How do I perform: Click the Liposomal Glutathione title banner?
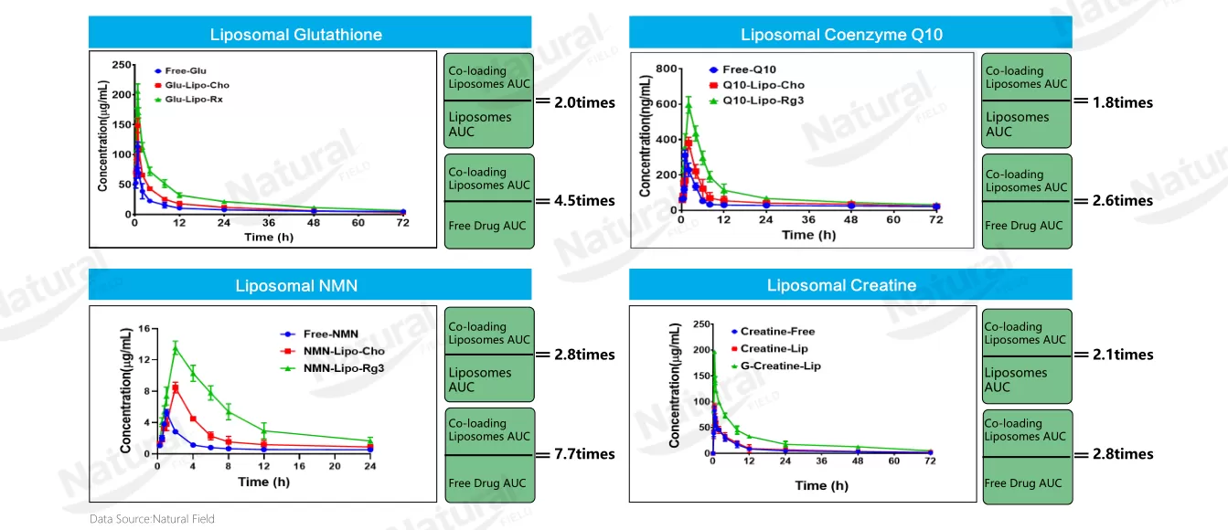tap(296, 35)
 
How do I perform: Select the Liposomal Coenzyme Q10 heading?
tap(841, 35)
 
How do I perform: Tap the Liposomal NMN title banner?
tap(296, 286)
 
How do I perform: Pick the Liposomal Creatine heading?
tap(841, 286)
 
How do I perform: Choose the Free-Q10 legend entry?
tap(747, 69)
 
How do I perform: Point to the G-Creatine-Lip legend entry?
tap(774, 366)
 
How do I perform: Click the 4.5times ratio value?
tap(584, 201)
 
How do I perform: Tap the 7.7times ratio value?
tap(584, 454)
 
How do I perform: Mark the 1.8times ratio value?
tap(1122, 102)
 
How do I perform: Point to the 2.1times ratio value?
tap(1122, 355)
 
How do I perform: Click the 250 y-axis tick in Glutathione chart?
tap(121, 64)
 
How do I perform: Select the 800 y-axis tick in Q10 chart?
tap(664, 69)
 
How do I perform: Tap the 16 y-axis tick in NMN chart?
tap(144, 329)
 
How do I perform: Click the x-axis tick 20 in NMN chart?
tap(335, 465)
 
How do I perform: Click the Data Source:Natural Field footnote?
tap(152, 519)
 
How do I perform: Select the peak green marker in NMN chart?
tap(176, 347)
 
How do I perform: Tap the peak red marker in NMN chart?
tap(176, 387)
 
